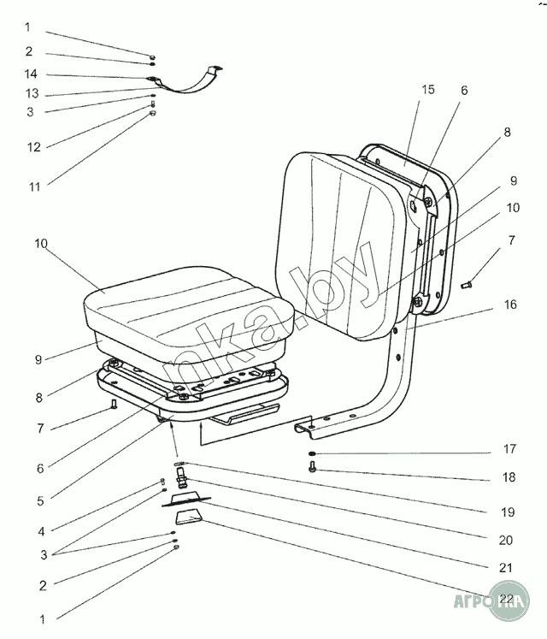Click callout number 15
[427, 89]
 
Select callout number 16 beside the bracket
[510, 305]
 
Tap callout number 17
[509, 448]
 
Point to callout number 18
[509, 477]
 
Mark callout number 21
[506, 567]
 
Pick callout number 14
[32, 75]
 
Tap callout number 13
[32, 94]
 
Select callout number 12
[33, 147]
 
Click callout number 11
[33, 184]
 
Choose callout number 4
[40, 530]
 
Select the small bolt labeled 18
[313, 467]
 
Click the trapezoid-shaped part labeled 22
[190, 517]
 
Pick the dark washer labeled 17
[314, 453]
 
